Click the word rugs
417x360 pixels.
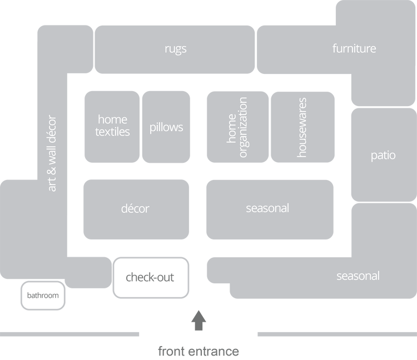(x=176, y=49)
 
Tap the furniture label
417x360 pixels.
(x=354, y=48)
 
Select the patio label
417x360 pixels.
(x=383, y=155)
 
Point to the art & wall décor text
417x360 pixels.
(x=52, y=153)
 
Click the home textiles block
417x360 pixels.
(x=112, y=127)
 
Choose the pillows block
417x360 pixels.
(x=166, y=127)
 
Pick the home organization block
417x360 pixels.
(x=237, y=127)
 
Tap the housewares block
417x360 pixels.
(x=302, y=127)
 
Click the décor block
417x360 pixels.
(x=135, y=209)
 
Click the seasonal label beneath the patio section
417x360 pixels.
(x=358, y=276)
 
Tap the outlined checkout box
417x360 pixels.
(x=151, y=277)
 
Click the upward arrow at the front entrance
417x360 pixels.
(x=198, y=321)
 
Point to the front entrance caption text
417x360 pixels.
(x=198, y=351)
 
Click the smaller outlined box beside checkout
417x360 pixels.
(x=43, y=296)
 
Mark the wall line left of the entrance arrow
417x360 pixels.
(x=70, y=334)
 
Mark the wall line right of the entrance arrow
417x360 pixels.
(x=336, y=334)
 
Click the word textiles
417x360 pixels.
(x=112, y=132)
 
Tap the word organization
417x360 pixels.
(x=243, y=127)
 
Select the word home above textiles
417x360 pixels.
(x=112, y=119)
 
